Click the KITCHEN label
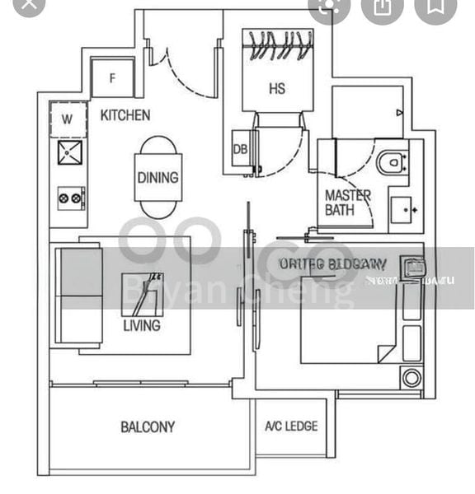125,115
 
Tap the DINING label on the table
158,178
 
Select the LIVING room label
142,325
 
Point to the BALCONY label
148,426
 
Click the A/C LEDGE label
290,426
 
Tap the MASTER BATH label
347,203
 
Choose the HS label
276,88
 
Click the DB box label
241,149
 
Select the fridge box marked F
112,79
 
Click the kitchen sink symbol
70,151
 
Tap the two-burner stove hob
70,198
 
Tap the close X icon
31,7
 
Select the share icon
382,7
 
